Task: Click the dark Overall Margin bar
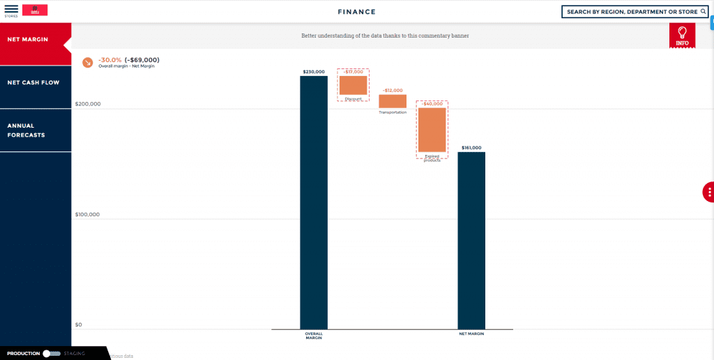point(314,202)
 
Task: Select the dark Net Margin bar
point(471,241)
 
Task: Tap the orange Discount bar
point(353,85)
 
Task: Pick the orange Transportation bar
point(393,101)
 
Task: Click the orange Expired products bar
point(432,130)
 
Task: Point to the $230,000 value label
point(314,72)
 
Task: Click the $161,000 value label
point(471,148)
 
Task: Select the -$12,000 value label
point(393,91)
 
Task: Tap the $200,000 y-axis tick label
point(88,104)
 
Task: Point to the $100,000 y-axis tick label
point(88,214)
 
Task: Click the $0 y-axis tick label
point(79,324)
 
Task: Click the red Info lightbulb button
point(682,36)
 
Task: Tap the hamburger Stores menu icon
point(11,9)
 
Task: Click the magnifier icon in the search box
point(703,12)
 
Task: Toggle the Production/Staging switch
point(51,354)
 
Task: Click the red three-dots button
point(708,192)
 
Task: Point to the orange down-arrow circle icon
point(88,62)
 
